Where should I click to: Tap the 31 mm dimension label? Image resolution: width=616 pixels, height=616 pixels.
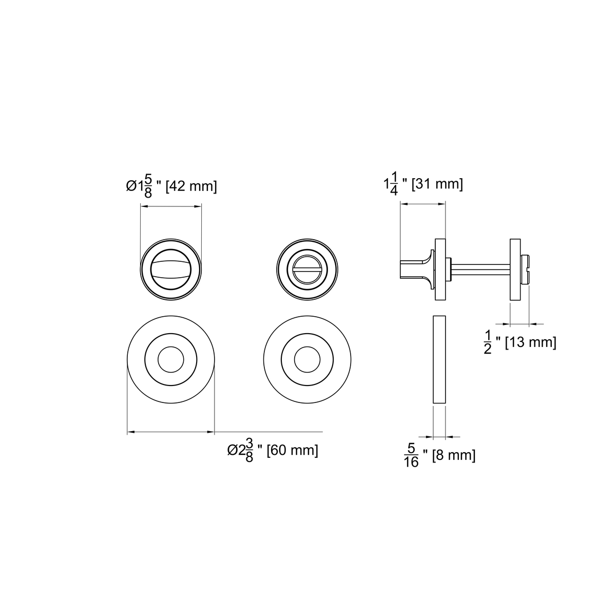click(423, 183)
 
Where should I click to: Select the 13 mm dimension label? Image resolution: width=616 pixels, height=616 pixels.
click(520, 342)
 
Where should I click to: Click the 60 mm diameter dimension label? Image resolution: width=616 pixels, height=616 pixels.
click(273, 450)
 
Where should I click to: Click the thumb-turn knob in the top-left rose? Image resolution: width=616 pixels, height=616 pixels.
click(171, 269)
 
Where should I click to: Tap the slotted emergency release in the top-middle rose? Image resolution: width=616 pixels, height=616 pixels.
click(307, 269)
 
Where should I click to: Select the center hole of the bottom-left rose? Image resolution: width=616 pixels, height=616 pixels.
click(171, 359)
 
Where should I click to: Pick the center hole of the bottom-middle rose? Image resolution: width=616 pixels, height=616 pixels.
click(307, 359)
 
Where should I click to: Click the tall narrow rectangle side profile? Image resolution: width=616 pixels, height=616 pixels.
click(439, 359)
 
